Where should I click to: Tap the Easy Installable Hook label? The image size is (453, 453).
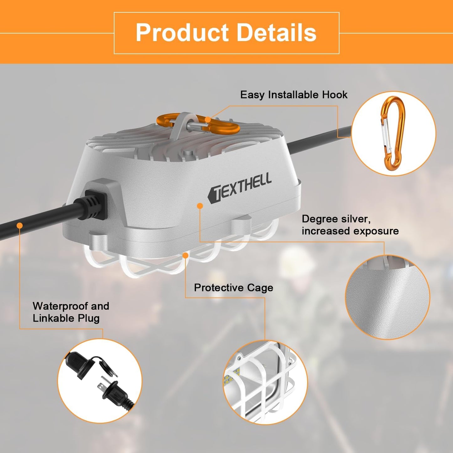[294, 95]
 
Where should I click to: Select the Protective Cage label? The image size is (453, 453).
[233, 287]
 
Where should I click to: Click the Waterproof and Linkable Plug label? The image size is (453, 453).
[71, 312]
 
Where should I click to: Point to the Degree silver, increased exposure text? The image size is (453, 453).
[350, 225]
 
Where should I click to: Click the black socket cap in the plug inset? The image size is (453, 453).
[78, 365]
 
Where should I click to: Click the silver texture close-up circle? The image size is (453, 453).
[387, 297]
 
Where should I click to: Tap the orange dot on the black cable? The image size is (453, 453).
[19, 225]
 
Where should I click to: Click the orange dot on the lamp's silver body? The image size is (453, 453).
[200, 206]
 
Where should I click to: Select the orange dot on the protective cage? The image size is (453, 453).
[185, 255]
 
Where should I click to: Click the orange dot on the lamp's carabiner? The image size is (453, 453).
[208, 119]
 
